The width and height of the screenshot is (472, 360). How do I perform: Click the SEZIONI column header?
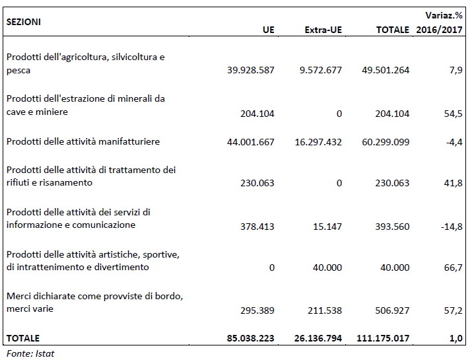coord(24,21)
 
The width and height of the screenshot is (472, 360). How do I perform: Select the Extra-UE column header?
coord(323,30)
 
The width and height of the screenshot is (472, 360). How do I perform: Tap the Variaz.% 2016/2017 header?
coord(440,21)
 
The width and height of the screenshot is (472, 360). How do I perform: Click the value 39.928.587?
coord(250,70)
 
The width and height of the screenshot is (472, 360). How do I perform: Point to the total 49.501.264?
coord(386,70)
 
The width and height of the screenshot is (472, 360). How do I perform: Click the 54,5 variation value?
coord(455,114)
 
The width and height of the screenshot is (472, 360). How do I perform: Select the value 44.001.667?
coord(250,142)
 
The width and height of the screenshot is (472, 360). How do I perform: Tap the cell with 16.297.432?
coord(317,142)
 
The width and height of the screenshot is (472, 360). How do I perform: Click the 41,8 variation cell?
coord(455,184)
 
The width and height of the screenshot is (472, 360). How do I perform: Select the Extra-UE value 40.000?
coord(327,268)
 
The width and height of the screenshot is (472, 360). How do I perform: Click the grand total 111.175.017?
coord(383,339)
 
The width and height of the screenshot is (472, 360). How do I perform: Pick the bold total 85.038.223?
coord(250,339)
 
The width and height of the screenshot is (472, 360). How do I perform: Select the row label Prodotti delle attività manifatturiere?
coord(83,141)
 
